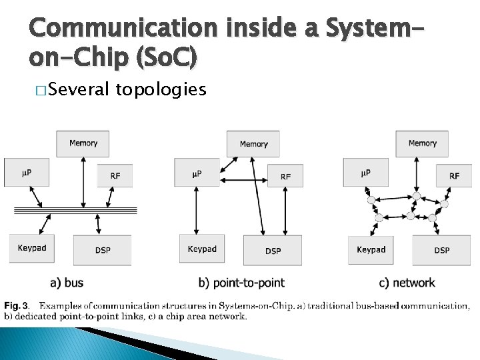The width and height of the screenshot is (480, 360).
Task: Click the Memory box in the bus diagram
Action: coord(83,143)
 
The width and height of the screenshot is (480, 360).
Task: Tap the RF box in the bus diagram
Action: coord(115,176)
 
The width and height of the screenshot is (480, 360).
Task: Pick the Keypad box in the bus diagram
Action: coord(32,249)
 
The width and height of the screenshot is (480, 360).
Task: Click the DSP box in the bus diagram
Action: coord(103,250)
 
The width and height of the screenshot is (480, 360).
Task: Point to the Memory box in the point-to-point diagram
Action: coord(253,144)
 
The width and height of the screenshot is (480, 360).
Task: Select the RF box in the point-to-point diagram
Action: coord(285,176)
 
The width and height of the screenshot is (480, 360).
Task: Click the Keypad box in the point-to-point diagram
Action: coord(202,249)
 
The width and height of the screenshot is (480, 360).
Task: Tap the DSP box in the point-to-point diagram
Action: coord(273,250)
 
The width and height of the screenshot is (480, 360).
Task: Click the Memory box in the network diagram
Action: coord(422,143)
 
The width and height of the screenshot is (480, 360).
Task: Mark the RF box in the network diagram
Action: coord(454,176)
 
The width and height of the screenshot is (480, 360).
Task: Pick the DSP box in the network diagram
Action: coord(441,250)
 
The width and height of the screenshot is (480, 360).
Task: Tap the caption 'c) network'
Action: coord(407,283)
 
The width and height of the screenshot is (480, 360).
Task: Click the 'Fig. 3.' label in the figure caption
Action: coord(17,305)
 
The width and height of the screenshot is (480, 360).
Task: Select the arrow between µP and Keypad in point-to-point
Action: coord(195,211)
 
